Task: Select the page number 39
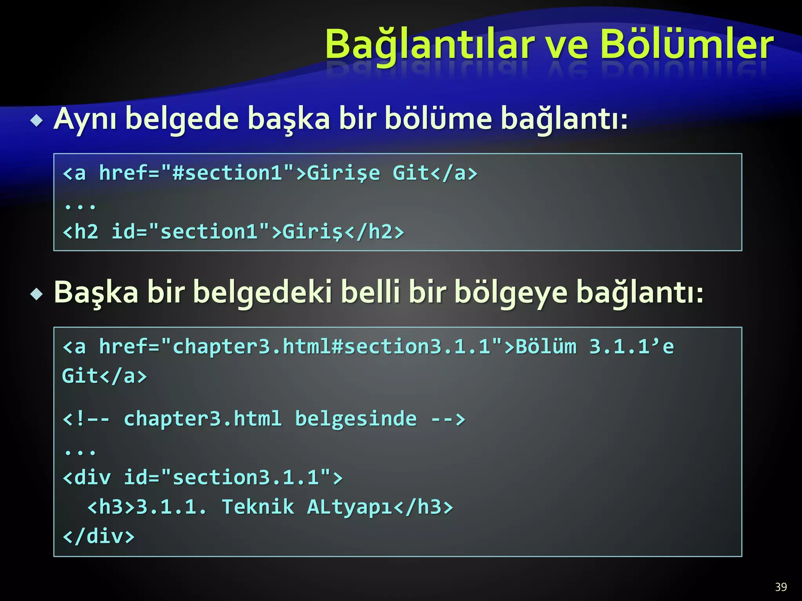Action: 781,587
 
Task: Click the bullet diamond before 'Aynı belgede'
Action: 37,121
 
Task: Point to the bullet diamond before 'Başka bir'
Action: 37,294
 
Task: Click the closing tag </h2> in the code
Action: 374,232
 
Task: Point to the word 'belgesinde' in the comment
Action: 356,419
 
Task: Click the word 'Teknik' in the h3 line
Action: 258,507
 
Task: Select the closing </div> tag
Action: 99,536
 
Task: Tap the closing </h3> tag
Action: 423,507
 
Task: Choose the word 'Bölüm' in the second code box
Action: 546,347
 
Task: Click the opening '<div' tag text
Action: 87,477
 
